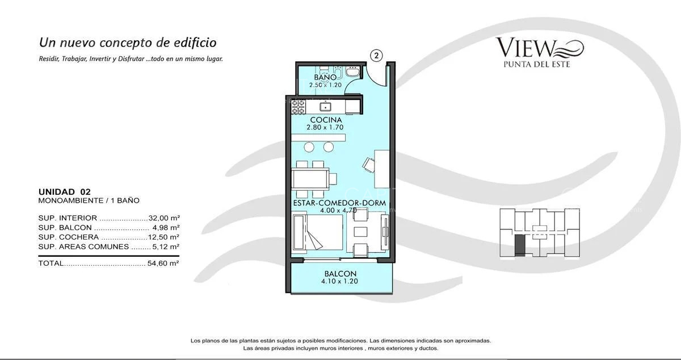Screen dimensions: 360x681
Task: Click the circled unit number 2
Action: tap(377, 55)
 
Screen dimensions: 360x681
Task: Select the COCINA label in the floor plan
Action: tap(326, 120)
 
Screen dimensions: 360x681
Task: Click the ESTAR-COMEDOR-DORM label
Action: tap(339, 203)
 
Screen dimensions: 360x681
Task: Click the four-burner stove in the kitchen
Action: tap(299, 106)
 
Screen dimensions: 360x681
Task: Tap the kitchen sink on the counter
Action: tap(326, 106)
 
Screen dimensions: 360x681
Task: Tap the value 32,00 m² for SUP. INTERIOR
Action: tap(164, 218)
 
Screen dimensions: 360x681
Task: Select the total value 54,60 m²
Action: tap(164, 263)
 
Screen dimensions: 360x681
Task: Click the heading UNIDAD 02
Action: tap(64, 192)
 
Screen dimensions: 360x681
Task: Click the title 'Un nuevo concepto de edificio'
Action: tap(128, 43)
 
